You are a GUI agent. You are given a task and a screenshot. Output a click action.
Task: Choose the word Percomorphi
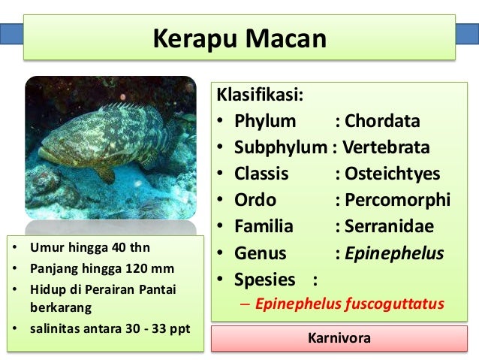pos(398,200)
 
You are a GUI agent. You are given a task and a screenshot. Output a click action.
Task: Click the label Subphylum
pos(281,147)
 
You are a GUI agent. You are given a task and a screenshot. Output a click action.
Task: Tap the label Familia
pos(264,226)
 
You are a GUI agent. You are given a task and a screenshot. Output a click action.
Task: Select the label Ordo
pos(255,200)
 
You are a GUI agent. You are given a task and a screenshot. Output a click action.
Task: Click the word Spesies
pos(265,280)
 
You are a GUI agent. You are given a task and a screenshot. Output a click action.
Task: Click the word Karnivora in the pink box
pos(339,338)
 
